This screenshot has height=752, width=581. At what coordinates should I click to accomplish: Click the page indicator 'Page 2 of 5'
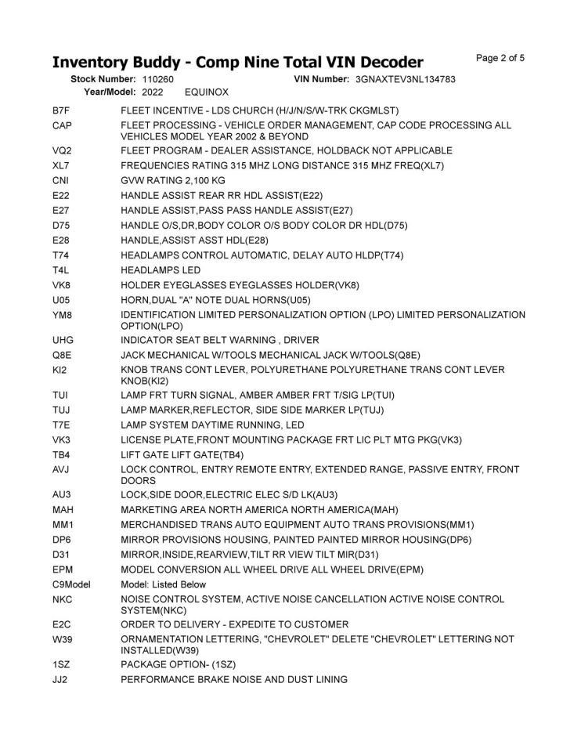click(x=500, y=58)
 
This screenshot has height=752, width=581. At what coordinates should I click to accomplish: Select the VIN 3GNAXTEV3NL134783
click(x=405, y=79)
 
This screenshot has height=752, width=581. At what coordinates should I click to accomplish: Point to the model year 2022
click(x=152, y=92)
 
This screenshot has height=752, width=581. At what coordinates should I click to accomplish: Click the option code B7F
click(x=61, y=110)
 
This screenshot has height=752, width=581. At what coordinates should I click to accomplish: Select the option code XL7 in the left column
click(x=61, y=165)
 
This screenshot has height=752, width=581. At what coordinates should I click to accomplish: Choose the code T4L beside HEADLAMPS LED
click(x=61, y=270)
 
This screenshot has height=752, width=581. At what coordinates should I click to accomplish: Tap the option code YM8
click(x=62, y=315)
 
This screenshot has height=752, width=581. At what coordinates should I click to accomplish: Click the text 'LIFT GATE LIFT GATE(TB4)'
click(x=182, y=455)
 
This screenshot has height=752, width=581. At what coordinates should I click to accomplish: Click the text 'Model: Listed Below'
click(x=164, y=584)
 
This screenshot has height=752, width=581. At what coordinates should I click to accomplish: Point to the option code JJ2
click(x=60, y=680)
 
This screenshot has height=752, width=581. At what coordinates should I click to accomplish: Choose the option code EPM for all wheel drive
click(x=62, y=569)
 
